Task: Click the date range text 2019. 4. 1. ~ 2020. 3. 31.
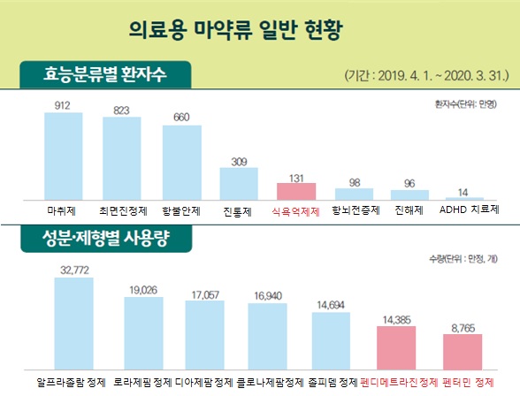424,76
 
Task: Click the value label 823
121,110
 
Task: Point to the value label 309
239,161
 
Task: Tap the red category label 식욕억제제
297,211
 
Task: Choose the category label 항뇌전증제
354,211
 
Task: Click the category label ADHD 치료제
469,211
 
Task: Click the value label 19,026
142,289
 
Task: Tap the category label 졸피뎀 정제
330,383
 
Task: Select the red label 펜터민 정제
471,383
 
